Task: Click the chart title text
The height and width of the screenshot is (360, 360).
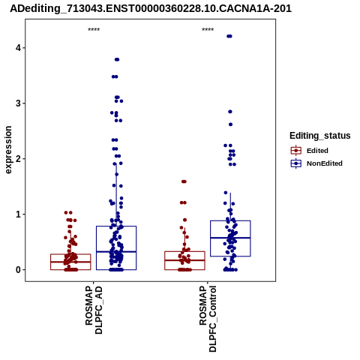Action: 151,9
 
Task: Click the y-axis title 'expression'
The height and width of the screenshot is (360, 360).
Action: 8,150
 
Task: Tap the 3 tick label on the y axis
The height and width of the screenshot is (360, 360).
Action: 18,103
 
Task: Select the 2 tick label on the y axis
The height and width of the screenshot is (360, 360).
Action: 18,158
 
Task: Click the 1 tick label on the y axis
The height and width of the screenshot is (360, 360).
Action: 18,214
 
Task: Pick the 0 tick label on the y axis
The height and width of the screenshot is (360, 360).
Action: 18,270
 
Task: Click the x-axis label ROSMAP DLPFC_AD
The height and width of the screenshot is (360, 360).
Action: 94,310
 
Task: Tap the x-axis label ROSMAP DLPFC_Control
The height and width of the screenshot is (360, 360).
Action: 208,319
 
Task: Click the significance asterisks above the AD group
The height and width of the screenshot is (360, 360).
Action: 94,30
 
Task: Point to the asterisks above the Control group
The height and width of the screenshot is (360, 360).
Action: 208,30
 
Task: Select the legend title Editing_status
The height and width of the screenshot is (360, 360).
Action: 320,136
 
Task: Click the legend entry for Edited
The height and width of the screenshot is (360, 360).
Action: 317,151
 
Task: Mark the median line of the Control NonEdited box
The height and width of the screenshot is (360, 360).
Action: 230,238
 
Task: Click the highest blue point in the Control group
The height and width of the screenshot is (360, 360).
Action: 229,36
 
